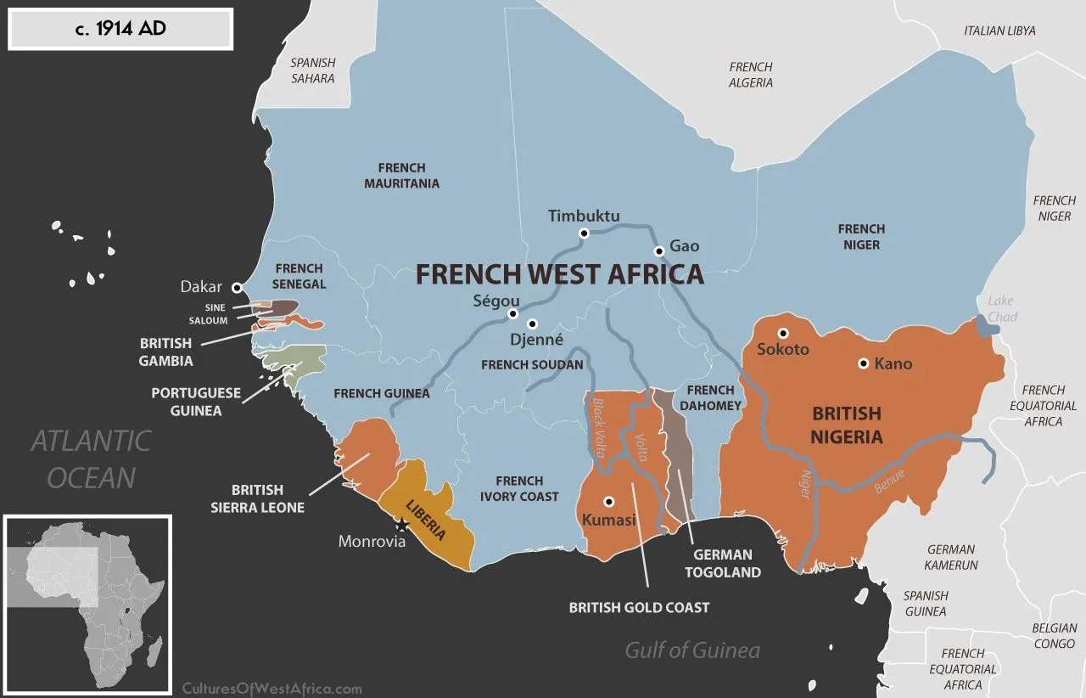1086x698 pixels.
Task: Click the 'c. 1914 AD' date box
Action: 120,30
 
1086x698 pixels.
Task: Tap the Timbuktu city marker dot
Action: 584,234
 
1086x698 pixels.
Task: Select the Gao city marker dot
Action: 658,250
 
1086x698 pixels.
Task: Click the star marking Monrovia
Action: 402,526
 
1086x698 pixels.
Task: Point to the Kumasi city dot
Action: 608,501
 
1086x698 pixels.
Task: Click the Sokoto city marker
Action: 783,333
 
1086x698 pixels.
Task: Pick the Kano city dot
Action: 863,363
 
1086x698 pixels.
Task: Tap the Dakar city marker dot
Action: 237,288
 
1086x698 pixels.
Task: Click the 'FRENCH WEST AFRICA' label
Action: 559,274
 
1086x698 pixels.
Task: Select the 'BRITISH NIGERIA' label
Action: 847,425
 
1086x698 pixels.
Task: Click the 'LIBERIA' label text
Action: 426,520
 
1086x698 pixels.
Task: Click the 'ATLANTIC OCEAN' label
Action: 91,459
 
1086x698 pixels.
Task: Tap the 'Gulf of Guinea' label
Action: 692,650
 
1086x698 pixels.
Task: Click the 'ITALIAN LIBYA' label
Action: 999,31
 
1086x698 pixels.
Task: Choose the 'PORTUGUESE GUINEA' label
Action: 196,402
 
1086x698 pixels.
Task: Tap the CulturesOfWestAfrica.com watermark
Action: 272,689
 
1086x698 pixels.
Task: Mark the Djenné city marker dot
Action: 533,324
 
